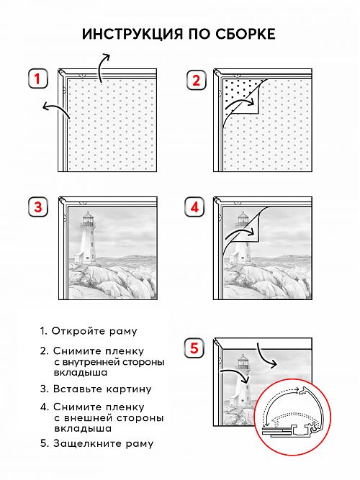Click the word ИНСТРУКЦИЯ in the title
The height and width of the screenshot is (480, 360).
pyautogui.click(x=132, y=34)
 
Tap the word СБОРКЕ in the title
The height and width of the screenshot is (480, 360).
pyautogui.click(x=245, y=34)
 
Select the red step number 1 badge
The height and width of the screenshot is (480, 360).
pyautogui.click(x=38, y=78)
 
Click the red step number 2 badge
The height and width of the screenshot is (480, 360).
pyautogui.click(x=196, y=80)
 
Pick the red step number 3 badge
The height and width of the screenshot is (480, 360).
pyautogui.click(x=38, y=207)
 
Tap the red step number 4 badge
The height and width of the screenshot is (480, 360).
pyautogui.click(x=195, y=207)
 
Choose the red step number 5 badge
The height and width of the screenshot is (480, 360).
pyautogui.click(x=194, y=348)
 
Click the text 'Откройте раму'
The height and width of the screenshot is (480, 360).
pyautogui.click(x=94, y=331)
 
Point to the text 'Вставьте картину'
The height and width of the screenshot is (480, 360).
pyautogui.click(x=102, y=389)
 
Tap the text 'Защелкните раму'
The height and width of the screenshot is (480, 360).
pyautogui.click(x=103, y=443)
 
